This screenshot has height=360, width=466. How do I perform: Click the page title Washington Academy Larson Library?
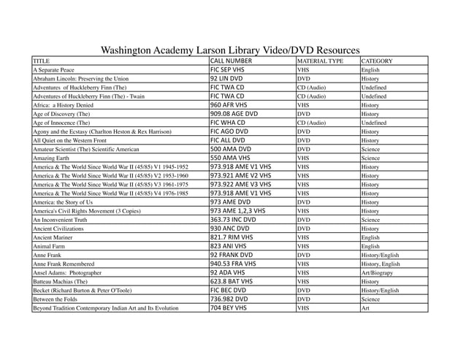click(229, 50)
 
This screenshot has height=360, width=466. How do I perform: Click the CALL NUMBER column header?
click(231, 61)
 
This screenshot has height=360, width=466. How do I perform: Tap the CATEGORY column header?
click(377, 61)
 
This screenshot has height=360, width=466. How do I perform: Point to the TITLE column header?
click(42, 61)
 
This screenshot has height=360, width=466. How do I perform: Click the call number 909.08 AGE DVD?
click(234, 114)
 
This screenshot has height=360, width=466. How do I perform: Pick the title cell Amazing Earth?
click(53, 158)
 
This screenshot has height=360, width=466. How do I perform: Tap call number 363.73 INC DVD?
click(233, 219)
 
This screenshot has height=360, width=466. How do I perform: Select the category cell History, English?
click(381, 264)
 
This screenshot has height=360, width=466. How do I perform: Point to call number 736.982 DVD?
click(229, 299)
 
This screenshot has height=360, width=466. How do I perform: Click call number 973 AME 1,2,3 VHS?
click(237, 210)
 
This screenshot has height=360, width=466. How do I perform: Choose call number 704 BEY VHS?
click(229, 307)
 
